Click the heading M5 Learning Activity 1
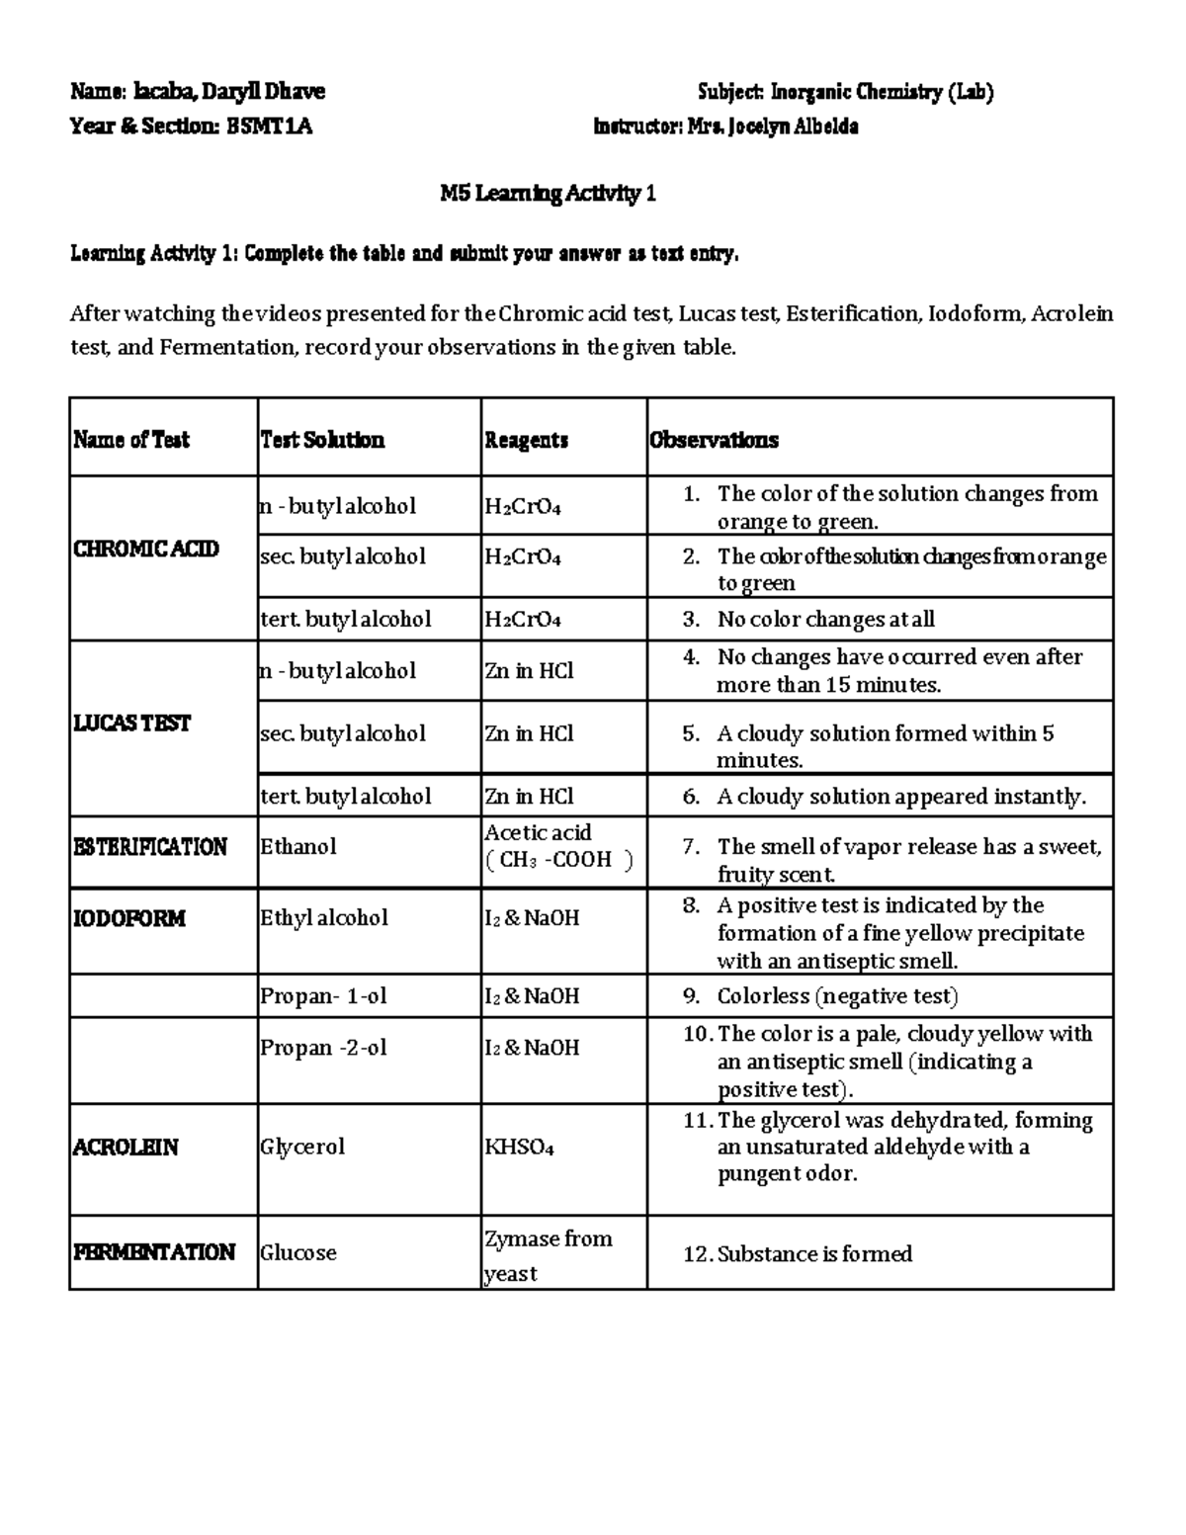(548, 194)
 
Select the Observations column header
(714, 440)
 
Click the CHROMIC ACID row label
(145, 549)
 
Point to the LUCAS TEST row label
(131, 723)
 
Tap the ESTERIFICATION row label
(150, 847)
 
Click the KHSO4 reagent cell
(519, 1148)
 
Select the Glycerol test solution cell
(302, 1147)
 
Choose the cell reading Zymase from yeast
(549, 1255)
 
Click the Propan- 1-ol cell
(323, 996)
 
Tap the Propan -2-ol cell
(323, 1048)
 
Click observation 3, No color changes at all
(824, 620)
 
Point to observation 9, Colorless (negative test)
(836, 996)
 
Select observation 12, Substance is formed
(813, 1254)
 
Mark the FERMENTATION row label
(153, 1252)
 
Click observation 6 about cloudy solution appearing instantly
(900, 797)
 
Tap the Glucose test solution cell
(298, 1253)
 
